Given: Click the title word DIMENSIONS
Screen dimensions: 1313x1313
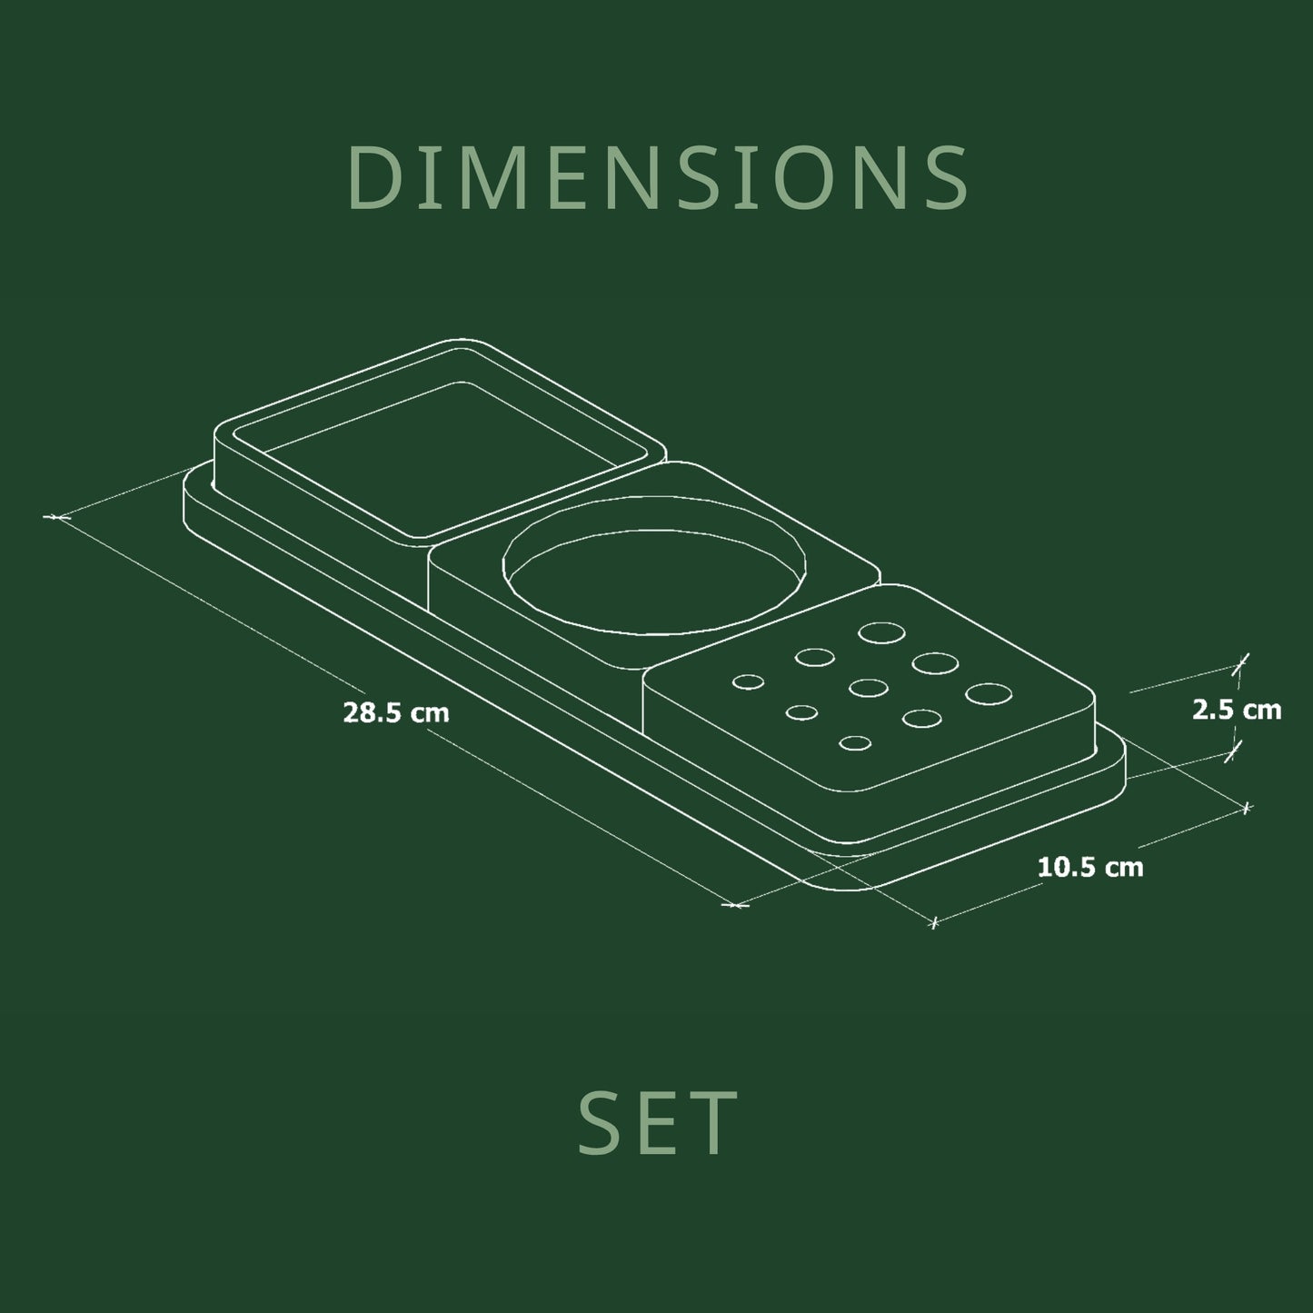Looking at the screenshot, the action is [x=658, y=178].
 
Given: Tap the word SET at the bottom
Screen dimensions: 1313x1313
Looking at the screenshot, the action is [x=658, y=1123].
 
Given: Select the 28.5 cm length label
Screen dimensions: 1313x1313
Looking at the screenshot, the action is [x=396, y=713].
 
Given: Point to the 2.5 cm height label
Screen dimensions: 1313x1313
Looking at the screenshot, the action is [x=1237, y=710].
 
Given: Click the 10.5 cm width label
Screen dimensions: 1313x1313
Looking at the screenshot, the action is [x=1090, y=868].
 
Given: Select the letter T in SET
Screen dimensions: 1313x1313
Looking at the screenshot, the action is [x=713, y=1123].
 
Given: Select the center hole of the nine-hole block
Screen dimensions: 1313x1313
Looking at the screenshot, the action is [x=869, y=688].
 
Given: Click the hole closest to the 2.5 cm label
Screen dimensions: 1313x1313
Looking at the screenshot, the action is [x=988, y=693].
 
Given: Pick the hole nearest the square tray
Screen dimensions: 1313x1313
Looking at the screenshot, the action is [x=748, y=682].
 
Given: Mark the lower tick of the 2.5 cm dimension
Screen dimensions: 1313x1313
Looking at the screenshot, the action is [x=1230, y=752].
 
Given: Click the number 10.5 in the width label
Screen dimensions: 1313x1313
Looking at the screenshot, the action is [x=1067, y=868].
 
